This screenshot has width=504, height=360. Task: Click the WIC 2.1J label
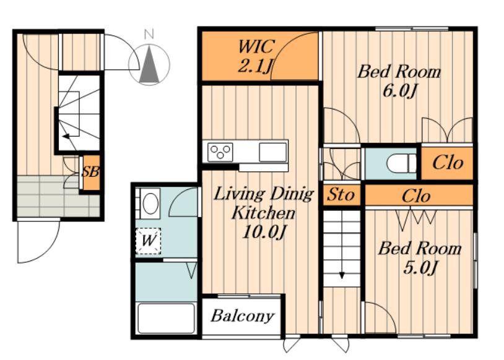(x=256, y=56)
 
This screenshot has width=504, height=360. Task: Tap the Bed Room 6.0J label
(x=399, y=80)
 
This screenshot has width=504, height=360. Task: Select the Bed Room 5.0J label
(x=419, y=258)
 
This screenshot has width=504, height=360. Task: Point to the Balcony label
(x=243, y=316)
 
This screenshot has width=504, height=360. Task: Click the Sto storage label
(x=341, y=195)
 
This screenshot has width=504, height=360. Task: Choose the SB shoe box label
(x=90, y=172)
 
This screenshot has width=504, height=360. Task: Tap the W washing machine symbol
(x=148, y=241)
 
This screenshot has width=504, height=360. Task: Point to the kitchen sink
(x=272, y=152)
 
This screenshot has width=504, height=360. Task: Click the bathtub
(x=166, y=319)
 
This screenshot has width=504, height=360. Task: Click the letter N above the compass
(x=149, y=35)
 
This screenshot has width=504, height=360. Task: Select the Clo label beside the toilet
(x=448, y=163)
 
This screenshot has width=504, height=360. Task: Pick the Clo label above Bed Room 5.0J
(x=416, y=195)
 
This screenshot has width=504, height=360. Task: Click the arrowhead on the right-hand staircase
(x=342, y=275)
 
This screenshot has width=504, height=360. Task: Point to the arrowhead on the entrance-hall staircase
(x=66, y=136)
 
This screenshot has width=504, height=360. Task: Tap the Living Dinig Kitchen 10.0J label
(x=264, y=213)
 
